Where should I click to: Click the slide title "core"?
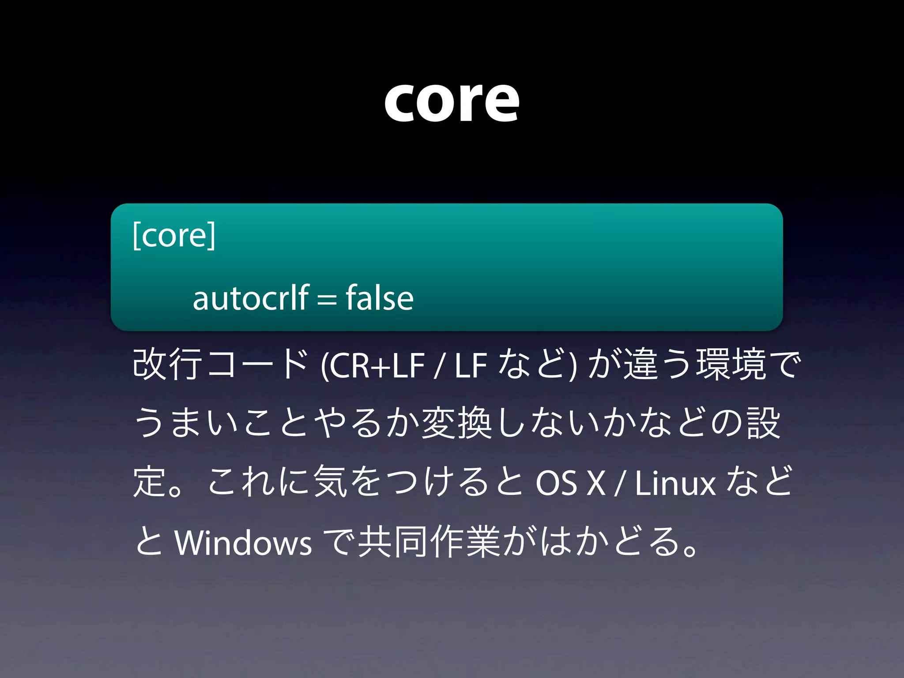pyautogui.click(x=452, y=102)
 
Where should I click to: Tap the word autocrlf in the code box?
pyautogui.click(x=251, y=298)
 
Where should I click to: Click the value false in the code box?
pyautogui.click(x=380, y=298)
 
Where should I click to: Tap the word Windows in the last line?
pyautogui.click(x=243, y=542)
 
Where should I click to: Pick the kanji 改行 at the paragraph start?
pyautogui.click(x=168, y=365)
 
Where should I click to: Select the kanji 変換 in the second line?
pyautogui.click(x=457, y=423)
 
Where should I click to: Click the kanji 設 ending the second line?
pyautogui.click(x=764, y=423)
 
